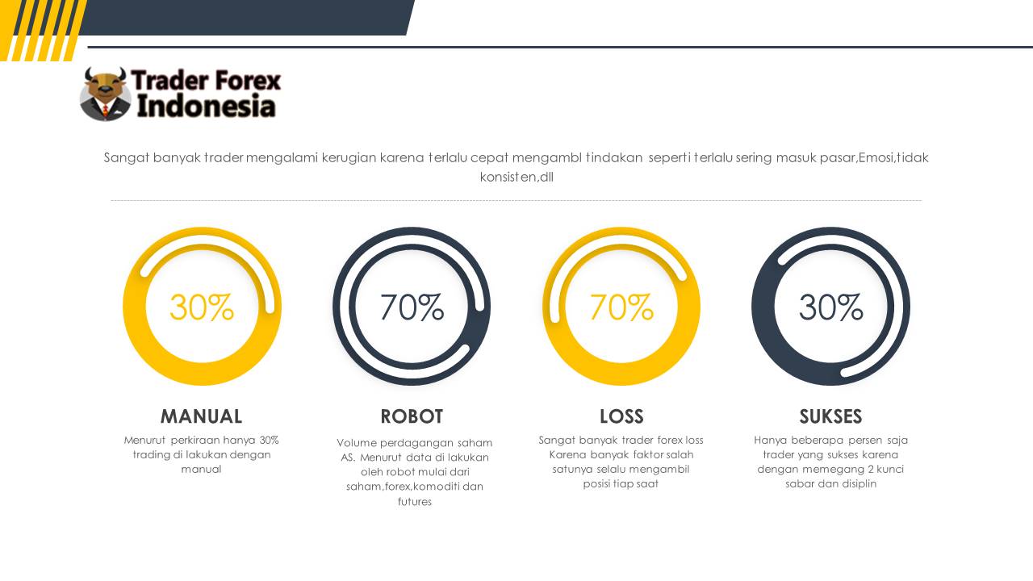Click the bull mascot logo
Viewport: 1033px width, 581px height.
click(x=105, y=94)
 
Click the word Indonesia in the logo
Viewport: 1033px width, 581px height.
click(x=206, y=106)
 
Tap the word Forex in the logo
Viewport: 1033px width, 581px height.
click(x=248, y=80)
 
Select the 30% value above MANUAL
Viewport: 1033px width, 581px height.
click(x=202, y=307)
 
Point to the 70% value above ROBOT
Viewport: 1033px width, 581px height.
click(x=412, y=307)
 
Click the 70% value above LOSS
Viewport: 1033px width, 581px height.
click(x=621, y=307)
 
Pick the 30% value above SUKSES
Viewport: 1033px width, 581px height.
click(x=830, y=307)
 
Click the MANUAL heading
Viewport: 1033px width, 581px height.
click(x=201, y=416)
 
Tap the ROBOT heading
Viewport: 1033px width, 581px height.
click(x=412, y=416)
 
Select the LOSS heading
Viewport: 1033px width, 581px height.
click(x=621, y=416)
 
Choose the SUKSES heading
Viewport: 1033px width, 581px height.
click(x=830, y=416)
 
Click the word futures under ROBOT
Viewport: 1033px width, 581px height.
click(x=415, y=501)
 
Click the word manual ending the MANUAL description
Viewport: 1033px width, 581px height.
click(x=201, y=470)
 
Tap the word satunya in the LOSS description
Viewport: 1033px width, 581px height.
click(x=571, y=470)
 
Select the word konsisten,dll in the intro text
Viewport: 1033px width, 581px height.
click(x=516, y=177)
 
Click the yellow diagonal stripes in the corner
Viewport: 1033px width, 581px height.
click(x=43, y=31)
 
